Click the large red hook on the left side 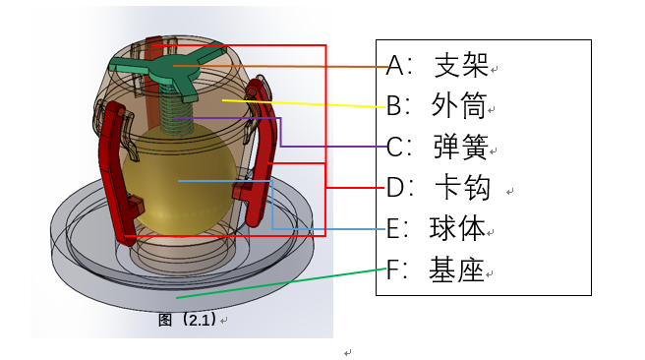coord(115,172)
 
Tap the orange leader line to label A coord(295,66)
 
